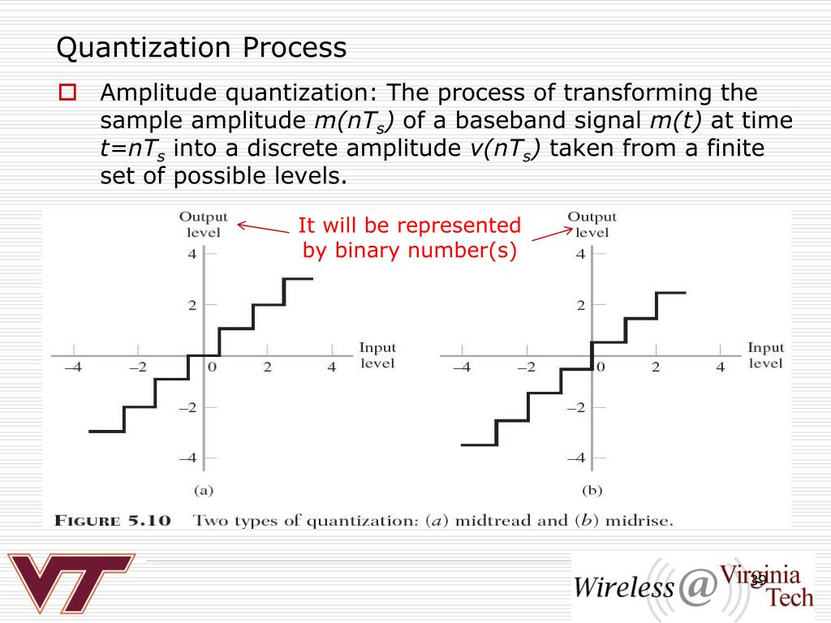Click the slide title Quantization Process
coord(201,48)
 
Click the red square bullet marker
coord(67,92)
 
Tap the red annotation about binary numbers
coord(410,238)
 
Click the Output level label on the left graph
coord(203,224)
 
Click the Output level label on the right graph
coord(592,224)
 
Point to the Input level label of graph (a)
coord(377,355)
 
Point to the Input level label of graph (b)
coord(765,355)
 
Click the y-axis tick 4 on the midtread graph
coord(192,254)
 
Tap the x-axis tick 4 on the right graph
coord(719,367)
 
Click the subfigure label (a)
coord(202,490)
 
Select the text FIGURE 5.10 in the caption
coord(113,521)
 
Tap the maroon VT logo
coord(71,582)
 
